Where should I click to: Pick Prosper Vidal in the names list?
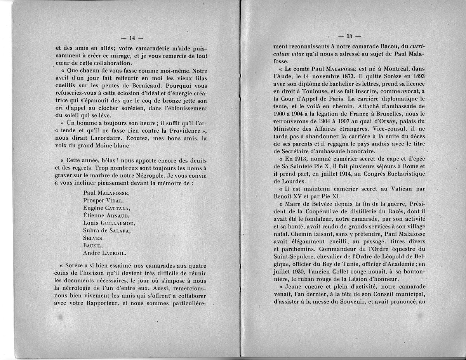103,200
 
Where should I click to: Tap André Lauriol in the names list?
105,253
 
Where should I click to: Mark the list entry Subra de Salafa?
107,230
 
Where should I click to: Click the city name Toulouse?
308,91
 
